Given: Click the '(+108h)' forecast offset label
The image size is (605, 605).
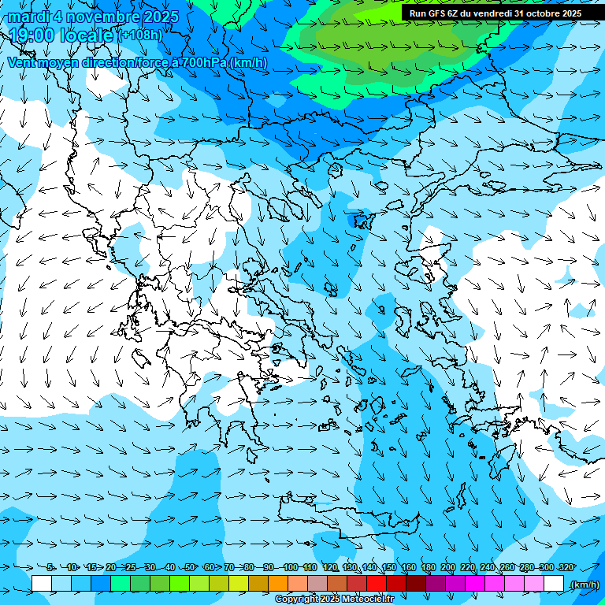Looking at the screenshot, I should [x=140, y=35].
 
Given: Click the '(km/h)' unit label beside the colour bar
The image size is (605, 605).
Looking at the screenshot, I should [x=584, y=584].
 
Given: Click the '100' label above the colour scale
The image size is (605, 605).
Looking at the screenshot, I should [x=291, y=567].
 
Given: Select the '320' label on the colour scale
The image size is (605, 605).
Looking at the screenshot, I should [x=566, y=567].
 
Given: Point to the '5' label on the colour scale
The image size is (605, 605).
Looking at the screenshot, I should [x=50, y=567].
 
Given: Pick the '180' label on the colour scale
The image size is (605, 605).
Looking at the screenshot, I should [x=428, y=567].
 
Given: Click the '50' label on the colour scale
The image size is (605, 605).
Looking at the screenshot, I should [x=190, y=567].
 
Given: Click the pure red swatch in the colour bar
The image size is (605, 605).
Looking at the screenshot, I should [x=377, y=584].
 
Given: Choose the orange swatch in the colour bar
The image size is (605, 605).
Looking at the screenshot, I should [x=278, y=584].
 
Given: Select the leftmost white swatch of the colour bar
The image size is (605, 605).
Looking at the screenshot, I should [x=42, y=584].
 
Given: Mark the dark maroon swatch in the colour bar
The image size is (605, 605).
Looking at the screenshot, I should [x=416, y=584].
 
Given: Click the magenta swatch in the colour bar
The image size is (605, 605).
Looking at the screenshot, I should [x=475, y=584].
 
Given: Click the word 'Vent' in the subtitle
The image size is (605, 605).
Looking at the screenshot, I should [x=22, y=62].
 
